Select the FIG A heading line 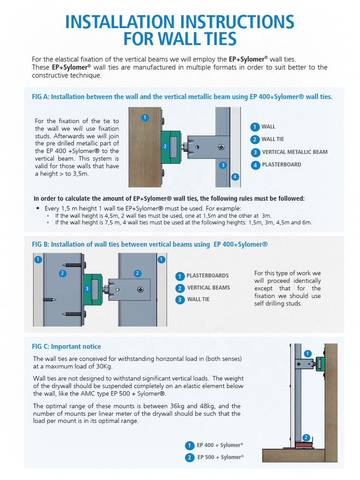(182, 97)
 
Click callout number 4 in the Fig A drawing (235, 177)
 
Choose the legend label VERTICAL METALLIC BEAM (294, 152)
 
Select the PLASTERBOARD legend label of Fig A (281, 165)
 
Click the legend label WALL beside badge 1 (268, 127)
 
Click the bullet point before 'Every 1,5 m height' (38, 208)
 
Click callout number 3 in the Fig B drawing (87, 289)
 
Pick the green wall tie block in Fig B (92, 289)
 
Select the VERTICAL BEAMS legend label (209, 288)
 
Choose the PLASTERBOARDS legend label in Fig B (208, 276)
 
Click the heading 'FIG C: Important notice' (66, 347)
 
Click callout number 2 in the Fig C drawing (306, 437)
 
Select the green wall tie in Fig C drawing (322, 364)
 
